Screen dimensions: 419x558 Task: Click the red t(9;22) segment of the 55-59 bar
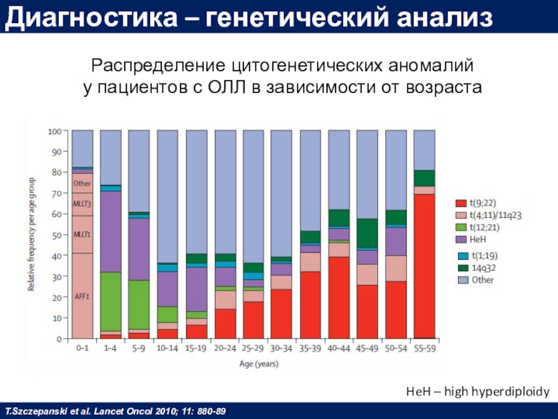pyautogui.click(x=423, y=266)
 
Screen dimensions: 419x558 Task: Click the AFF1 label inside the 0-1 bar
pyautogui.click(x=82, y=296)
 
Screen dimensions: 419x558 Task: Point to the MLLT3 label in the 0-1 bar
pyautogui.click(x=82, y=204)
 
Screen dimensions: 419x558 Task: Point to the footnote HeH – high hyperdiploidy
pyautogui.click(x=478, y=393)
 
